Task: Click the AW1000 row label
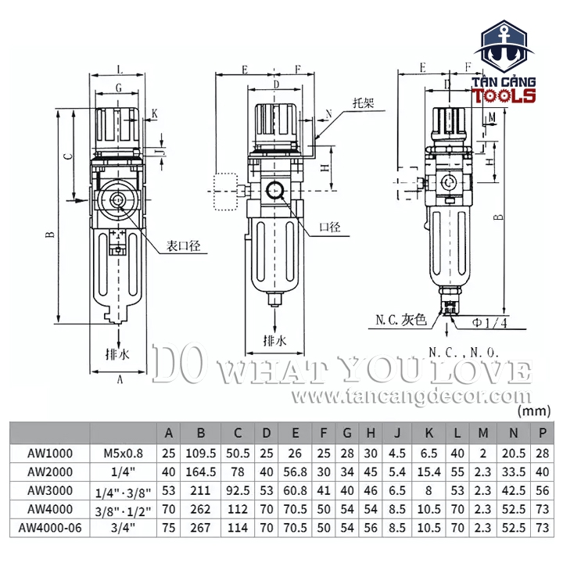click(48, 453)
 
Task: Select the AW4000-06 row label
click(48, 528)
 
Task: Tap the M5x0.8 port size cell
click(123, 453)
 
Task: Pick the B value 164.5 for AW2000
click(200, 472)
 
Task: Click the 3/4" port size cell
click(123, 528)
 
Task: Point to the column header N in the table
click(514, 432)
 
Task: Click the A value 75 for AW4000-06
click(167, 528)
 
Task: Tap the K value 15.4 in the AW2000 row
click(429, 472)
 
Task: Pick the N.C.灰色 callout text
click(400, 320)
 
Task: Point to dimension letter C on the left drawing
click(68, 156)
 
